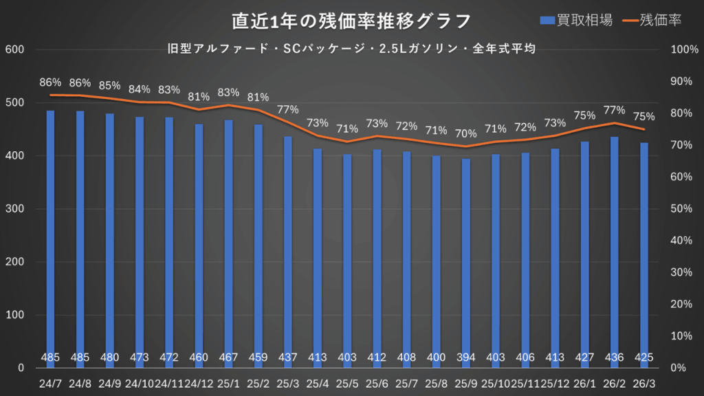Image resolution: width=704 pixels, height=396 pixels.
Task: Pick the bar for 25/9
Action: click(466, 254)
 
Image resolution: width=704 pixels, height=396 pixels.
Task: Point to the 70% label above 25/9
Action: click(465, 133)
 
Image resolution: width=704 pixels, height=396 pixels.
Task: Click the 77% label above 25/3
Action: click(287, 109)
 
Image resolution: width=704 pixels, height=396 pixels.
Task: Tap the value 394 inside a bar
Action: click(466, 357)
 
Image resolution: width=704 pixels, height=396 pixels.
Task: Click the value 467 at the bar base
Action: click(228, 357)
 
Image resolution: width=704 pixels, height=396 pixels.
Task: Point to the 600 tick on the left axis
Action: click(15, 49)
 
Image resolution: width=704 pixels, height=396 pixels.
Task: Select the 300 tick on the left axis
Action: click(15, 209)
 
